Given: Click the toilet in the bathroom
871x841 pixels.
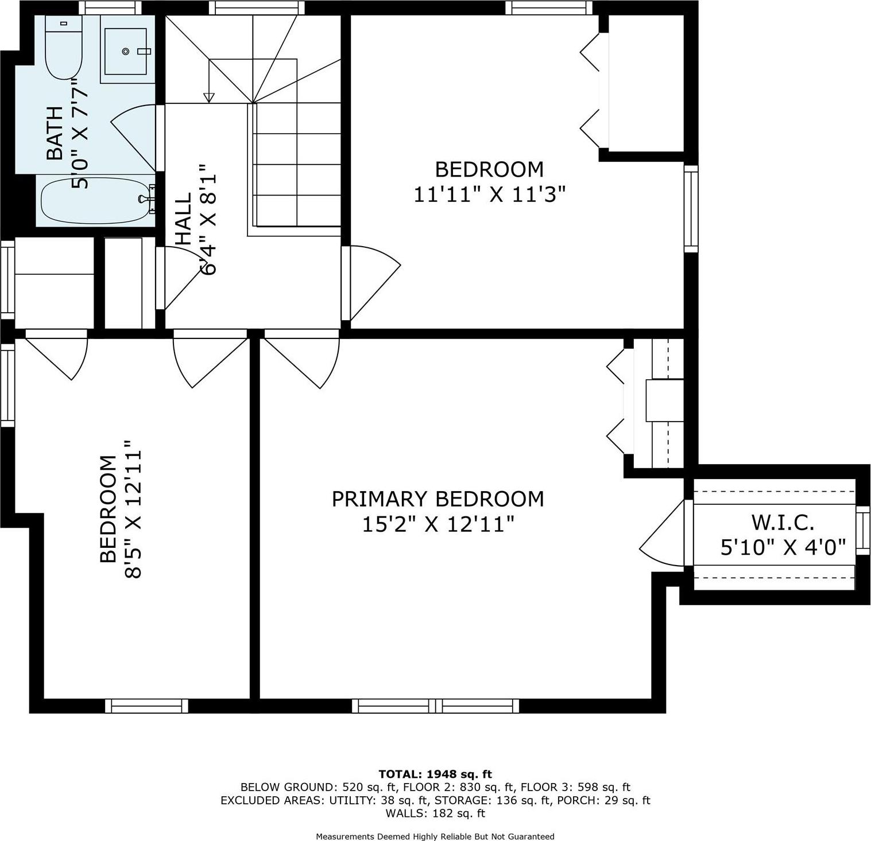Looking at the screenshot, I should click(64, 49).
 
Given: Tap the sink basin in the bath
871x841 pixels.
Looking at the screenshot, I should click(127, 51).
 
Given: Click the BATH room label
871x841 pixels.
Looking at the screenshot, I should click(55, 133).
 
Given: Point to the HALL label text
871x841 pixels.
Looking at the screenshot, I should click(183, 219).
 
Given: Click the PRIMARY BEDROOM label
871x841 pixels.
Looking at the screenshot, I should click(438, 499).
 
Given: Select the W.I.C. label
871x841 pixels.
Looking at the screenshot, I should click(783, 523).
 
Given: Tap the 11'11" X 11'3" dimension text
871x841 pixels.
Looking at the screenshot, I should click(489, 195).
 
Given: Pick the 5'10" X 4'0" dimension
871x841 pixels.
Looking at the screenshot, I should click(783, 548).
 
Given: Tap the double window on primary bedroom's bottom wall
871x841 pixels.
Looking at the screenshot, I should click(435, 706).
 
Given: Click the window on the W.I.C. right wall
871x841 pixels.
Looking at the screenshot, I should click(862, 531).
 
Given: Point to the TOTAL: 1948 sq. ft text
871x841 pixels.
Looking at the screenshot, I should click(435, 774).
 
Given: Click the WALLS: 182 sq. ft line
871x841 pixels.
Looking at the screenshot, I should click(435, 813).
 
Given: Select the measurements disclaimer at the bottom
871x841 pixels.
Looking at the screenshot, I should click(435, 836).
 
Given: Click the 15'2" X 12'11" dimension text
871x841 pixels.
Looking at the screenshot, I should click(438, 524).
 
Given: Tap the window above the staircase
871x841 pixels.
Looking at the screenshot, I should click(257, 7).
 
